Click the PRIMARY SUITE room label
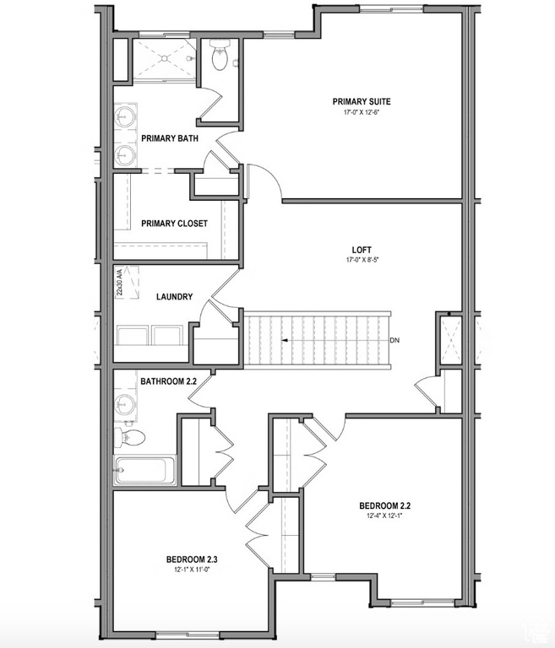(x=362, y=101)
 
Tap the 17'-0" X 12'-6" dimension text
(x=362, y=113)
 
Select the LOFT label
(x=362, y=250)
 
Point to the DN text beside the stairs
(x=394, y=341)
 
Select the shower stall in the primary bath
(x=164, y=58)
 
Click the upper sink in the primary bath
(x=127, y=115)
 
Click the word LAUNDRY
(x=174, y=297)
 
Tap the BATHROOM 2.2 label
(x=168, y=381)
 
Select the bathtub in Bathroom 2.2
(x=145, y=469)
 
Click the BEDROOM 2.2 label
(x=384, y=506)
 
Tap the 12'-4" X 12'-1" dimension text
(x=384, y=517)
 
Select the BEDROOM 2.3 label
(x=192, y=559)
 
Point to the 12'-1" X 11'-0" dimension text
(x=192, y=570)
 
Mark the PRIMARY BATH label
(x=170, y=138)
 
